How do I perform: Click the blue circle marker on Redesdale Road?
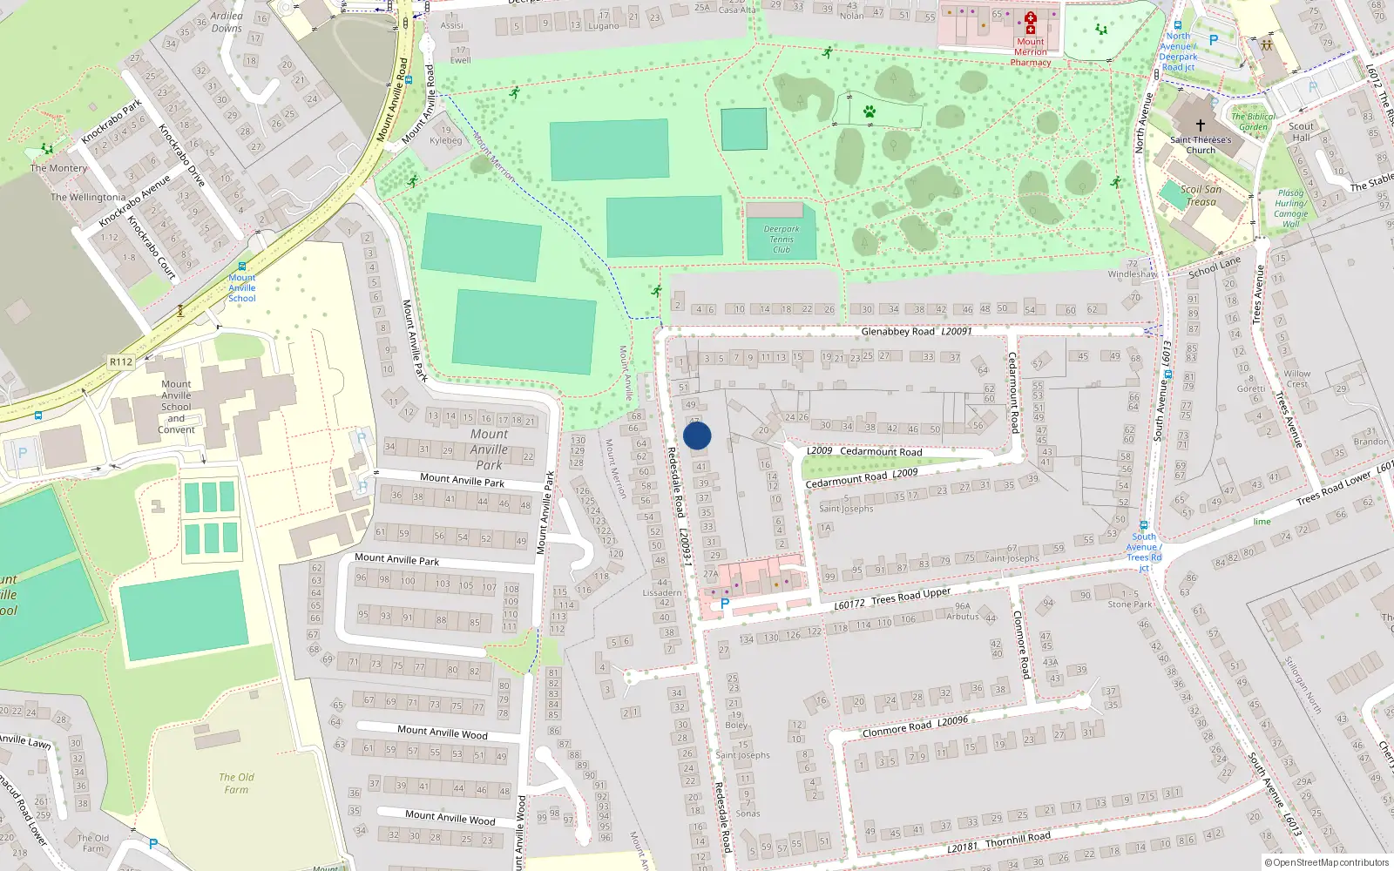(x=697, y=435)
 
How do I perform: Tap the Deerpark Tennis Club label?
(x=782, y=240)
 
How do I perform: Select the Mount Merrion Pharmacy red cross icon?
(x=1030, y=23)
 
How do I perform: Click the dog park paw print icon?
(x=869, y=111)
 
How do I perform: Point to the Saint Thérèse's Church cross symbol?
(x=1200, y=125)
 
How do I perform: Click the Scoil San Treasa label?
(x=1201, y=195)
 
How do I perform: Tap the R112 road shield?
(x=121, y=361)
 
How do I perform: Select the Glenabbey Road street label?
(x=897, y=332)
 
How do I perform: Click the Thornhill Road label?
(x=1018, y=838)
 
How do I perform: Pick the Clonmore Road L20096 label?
(x=915, y=727)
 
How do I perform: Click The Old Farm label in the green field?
(x=236, y=783)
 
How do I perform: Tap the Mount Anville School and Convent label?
(x=176, y=407)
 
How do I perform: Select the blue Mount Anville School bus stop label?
(x=242, y=287)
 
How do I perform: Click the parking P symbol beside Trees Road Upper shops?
(x=724, y=603)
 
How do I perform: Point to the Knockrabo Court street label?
(x=152, y=247)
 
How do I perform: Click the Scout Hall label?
(x=1301, y=132)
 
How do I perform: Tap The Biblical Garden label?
(x=1254, y=121)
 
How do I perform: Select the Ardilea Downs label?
(x=227, y=22)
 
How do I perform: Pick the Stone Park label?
(x=1129, y=604)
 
